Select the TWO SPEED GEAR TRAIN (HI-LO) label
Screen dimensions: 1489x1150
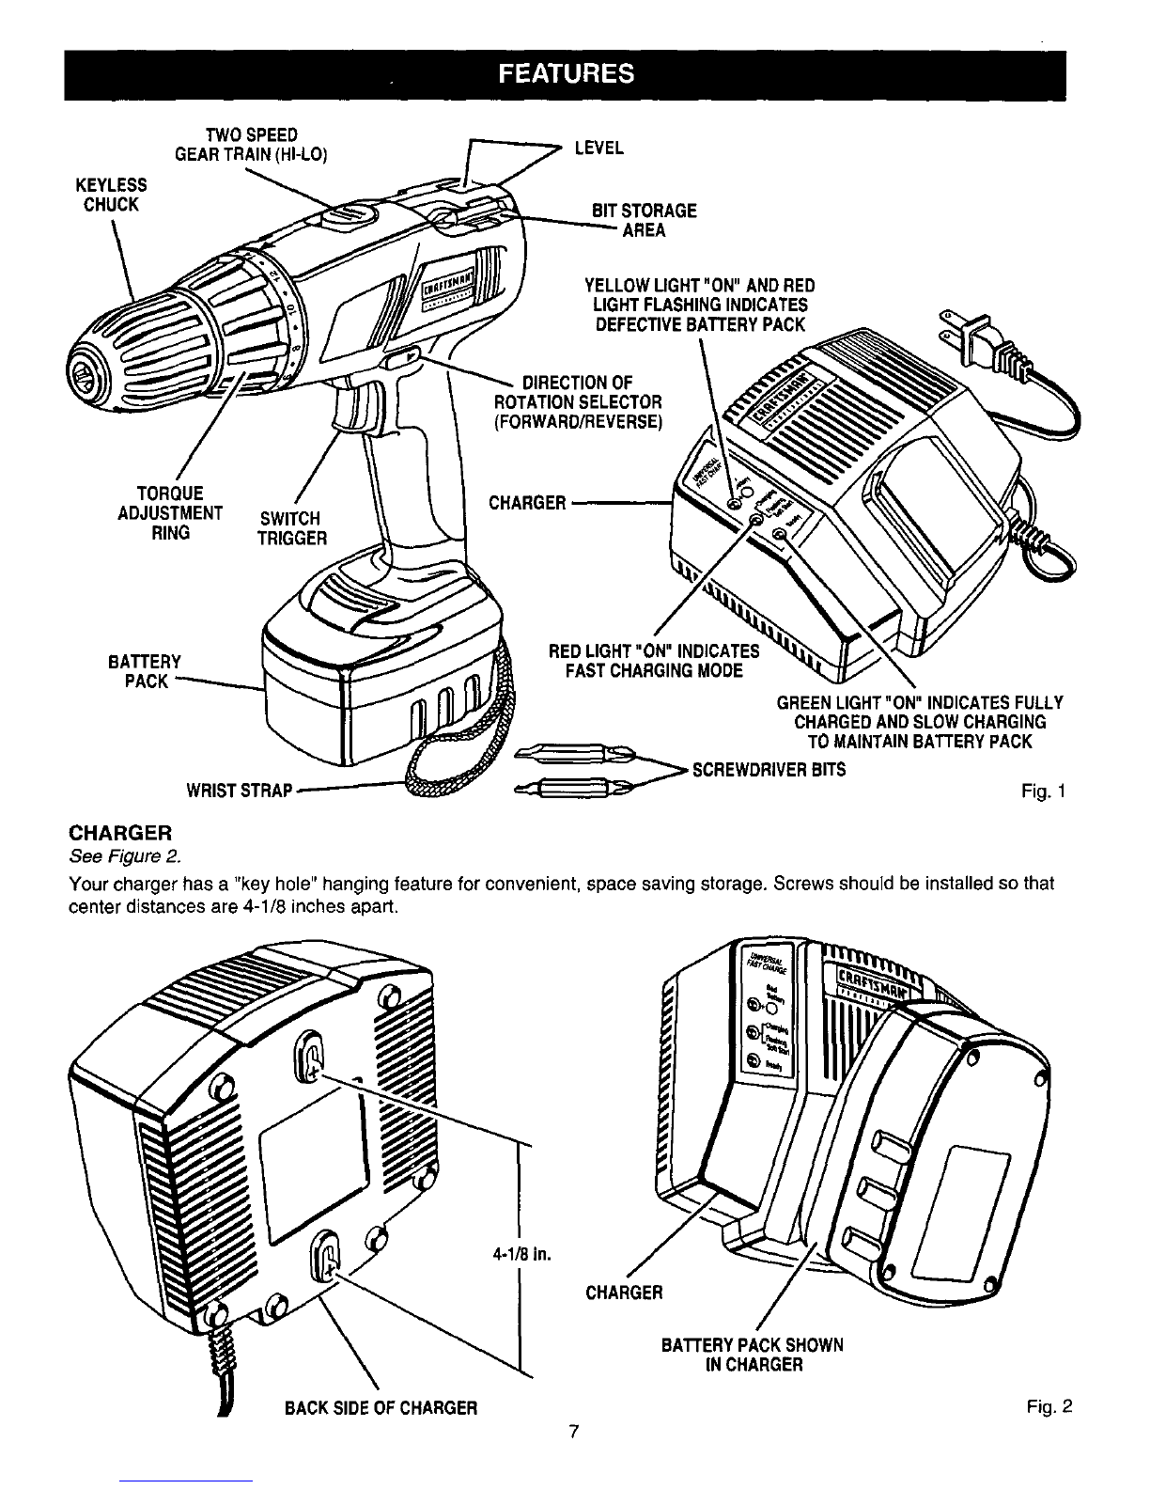tap(250, 144)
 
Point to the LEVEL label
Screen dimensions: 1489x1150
tap(598, 149)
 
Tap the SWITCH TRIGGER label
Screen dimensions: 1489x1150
tap(292, 528)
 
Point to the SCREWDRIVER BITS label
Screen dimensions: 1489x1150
tap(769, 770)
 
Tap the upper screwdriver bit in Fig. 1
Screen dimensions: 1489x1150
tap(567, 753)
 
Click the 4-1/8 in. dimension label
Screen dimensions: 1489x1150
tap(520, 1254)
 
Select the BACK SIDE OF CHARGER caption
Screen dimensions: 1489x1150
tap(381, 1408)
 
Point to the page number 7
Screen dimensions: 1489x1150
tap(572, 1434)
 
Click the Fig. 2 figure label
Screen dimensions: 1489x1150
tap(1049, 1407)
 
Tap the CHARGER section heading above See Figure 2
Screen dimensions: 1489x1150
tap(120, 834)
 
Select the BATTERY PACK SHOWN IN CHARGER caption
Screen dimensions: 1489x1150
tap(752, 1355)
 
